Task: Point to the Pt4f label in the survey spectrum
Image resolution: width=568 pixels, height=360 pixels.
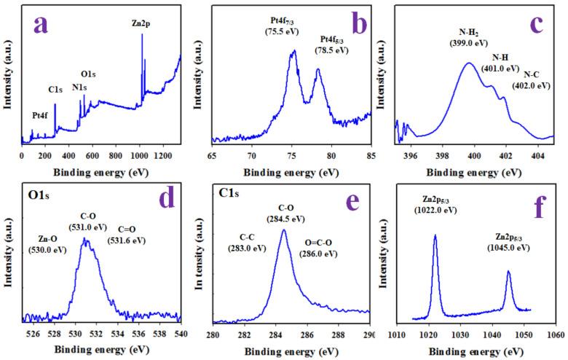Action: (x=42, y=115)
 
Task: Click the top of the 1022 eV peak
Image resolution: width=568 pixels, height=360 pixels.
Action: (x=435, y=235)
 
